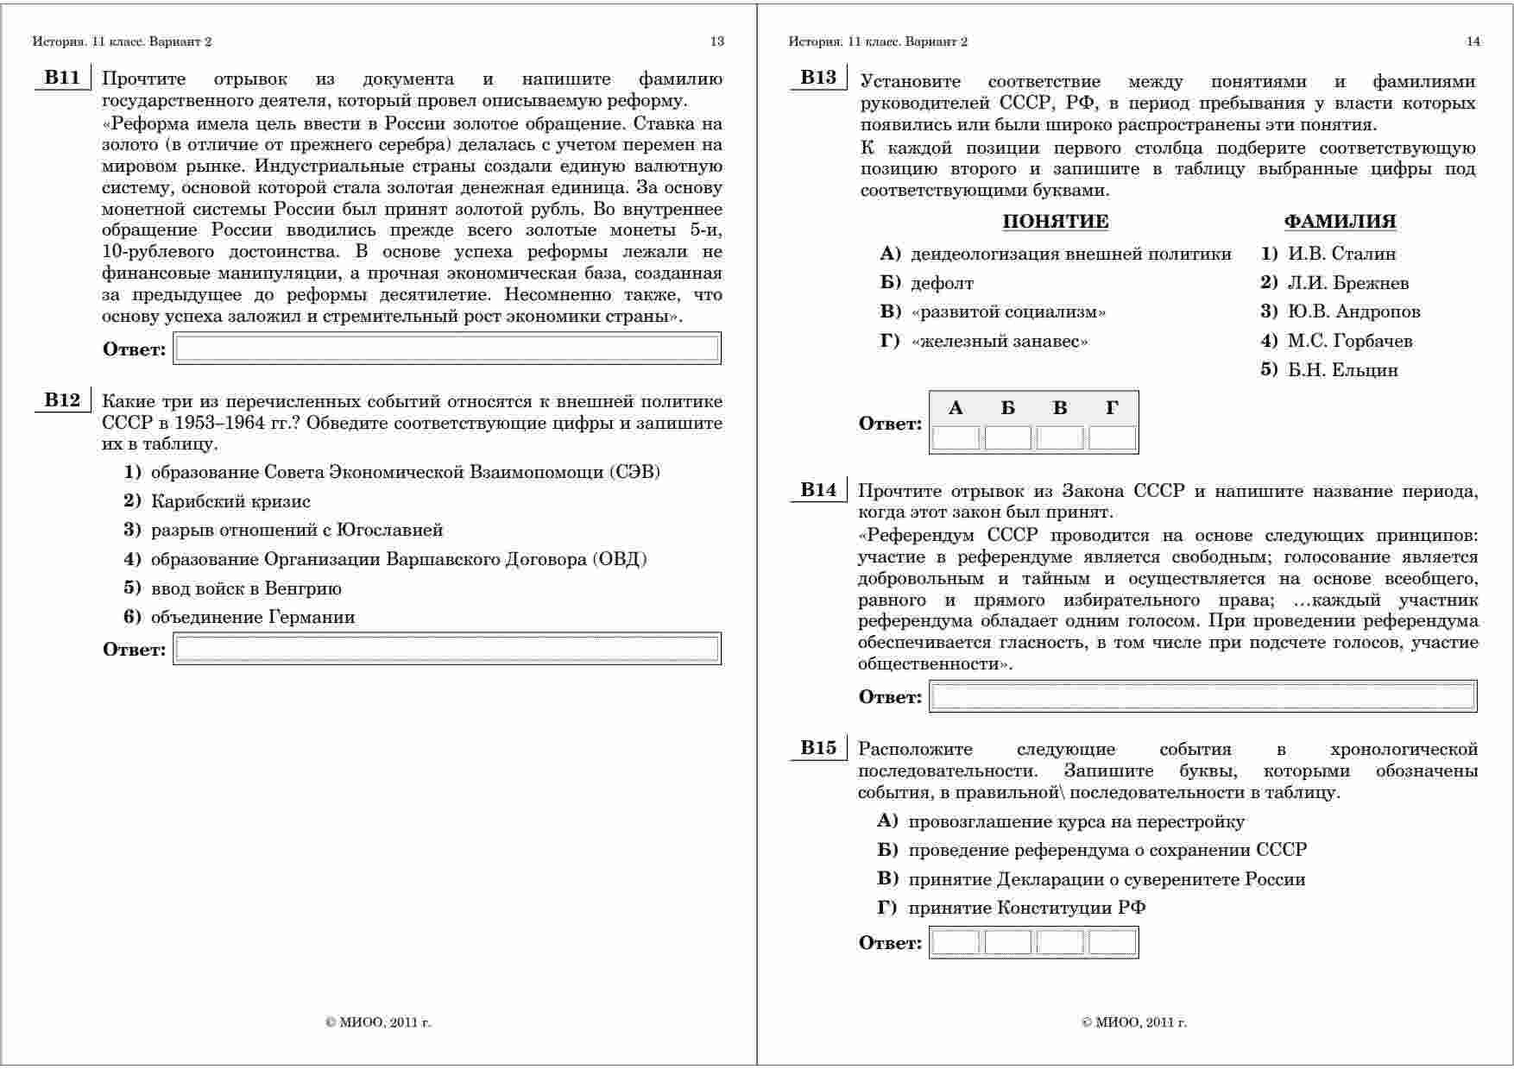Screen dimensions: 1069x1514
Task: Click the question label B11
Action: click(62, 79)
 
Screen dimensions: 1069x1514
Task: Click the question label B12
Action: click(62, 400)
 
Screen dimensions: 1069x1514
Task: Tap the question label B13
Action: click(818, 78)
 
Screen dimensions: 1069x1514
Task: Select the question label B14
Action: click(818, 490)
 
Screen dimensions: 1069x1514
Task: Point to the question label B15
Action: click(818, 748)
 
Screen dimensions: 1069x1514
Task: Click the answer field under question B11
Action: click(447, 349)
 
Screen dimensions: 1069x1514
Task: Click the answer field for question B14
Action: click(1202, 696)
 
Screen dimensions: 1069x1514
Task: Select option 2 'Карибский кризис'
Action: click(230, 501)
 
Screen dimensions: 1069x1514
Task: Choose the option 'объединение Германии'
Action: click(252, 617)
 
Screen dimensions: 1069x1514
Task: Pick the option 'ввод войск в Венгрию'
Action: click(245, 588)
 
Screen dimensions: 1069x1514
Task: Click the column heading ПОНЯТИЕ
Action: click(1055, 222)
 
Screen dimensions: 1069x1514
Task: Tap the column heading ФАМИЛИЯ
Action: click(1340, 222)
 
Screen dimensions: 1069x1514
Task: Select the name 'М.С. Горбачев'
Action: click(1349, 341)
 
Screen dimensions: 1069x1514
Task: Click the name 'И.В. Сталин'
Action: click(1341, 254)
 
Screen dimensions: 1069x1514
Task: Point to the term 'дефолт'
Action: click(942, 283)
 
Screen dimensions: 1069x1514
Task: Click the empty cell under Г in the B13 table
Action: click(1112, 438)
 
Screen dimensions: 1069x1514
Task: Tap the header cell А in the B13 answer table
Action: click(956, 408)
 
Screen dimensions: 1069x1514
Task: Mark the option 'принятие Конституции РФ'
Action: click(1026, 908)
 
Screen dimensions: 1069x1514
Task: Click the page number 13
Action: click(716, 41)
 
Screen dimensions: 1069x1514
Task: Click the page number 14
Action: click(1473, 41)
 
